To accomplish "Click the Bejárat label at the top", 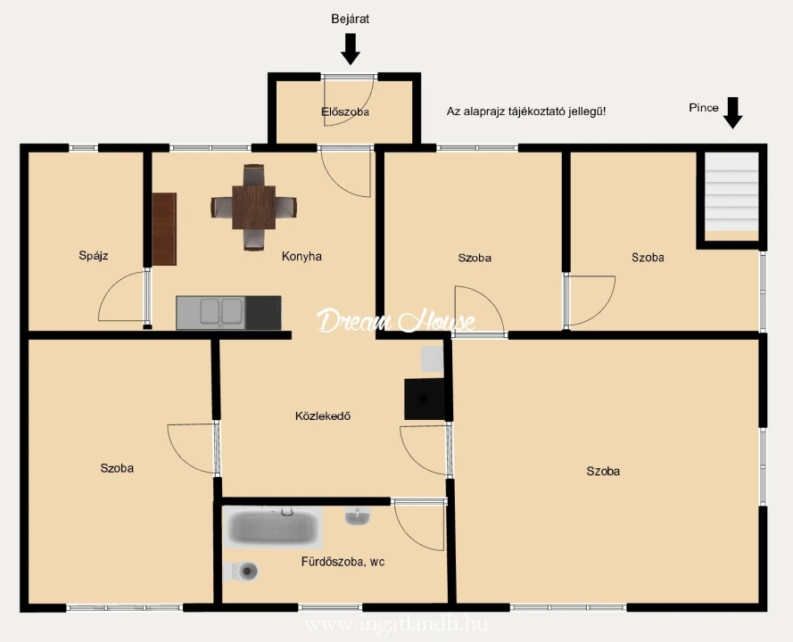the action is [x=350, y=20].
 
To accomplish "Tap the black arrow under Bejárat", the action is [x=350, y=49].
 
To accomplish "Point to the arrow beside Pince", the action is [x=732, y=112].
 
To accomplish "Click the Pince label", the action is [x=704, y=108].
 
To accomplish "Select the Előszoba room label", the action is [x=345, y=111].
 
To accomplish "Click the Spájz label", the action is [x=94, y=255].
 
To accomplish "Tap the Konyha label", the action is [x=302, y=256].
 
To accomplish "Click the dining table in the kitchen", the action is [x=254, y=207].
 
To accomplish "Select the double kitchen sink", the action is [x=211, y=313].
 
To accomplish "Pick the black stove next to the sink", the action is [x=263, y=313].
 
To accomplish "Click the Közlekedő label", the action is [x=323, y=416].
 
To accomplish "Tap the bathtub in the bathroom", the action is [x=273, y=527].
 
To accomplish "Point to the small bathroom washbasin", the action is [x=358, y=516].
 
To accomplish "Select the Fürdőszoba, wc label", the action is [x=343, y=562].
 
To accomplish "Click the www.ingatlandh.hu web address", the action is [x=396, y=625].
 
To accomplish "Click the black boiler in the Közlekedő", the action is [x=425, y=399].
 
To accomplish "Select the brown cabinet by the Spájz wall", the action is [x=164, y=229].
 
